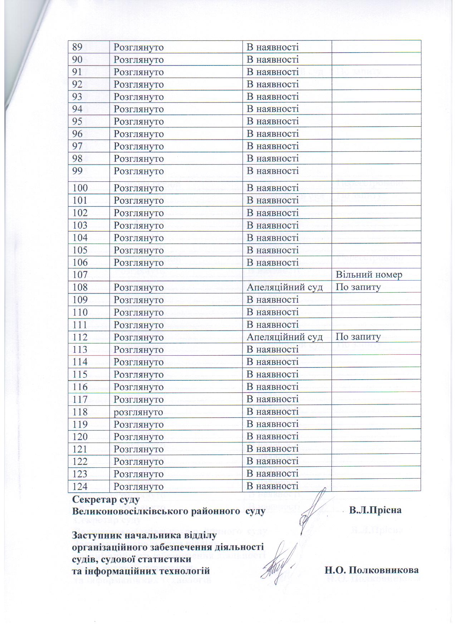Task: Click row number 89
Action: tap(78, 47)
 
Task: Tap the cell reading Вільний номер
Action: tap(369, 275)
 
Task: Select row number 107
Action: tap(80, 275)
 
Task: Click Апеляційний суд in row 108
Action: tap(285, 287)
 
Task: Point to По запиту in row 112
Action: tap(358, 337)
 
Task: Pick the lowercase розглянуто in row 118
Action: tap(138, 412)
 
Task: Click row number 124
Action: tap(80, 486)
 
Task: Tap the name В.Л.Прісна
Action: tap(376, 510)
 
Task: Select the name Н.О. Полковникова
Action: tap(372, 570)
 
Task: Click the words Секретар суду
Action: tap(106, 499)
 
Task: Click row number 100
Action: tap(80, 188)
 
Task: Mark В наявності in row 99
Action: tap(273, 171)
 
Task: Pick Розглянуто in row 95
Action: tap(138, 121)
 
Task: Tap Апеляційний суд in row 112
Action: tap(285, 337)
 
